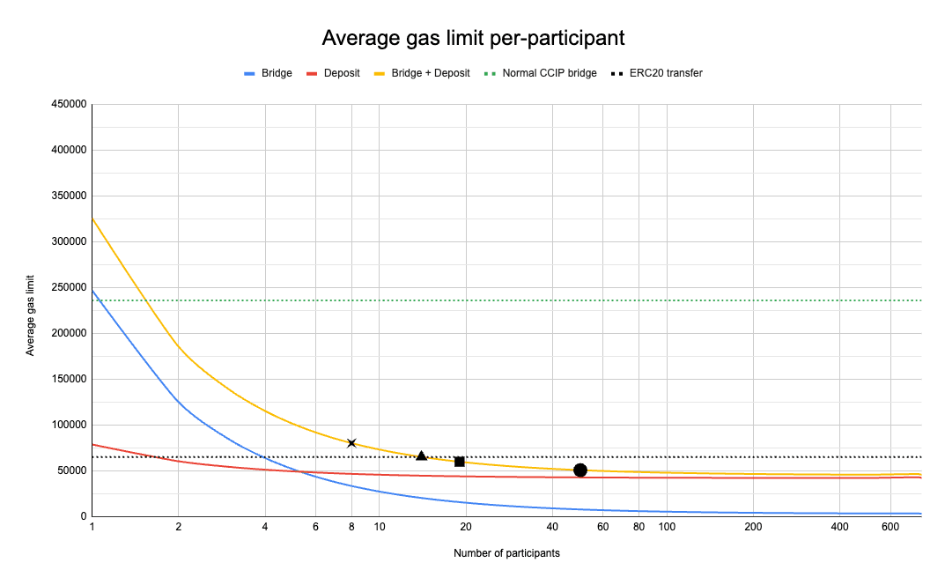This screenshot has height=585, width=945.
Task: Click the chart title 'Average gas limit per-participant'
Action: point(473,38)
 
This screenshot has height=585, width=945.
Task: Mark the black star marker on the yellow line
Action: point(351,443)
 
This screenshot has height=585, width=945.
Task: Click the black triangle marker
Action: point(421,455)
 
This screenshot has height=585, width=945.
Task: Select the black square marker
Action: point(460,462)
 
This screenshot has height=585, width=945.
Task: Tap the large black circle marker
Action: point(580,470)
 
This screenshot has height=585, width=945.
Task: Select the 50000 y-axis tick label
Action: point(72,470)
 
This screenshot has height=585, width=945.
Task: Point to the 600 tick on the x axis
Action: point(890,527)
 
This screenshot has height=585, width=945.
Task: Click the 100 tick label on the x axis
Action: point(667,527)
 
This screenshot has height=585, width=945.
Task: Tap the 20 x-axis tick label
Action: point(466,527)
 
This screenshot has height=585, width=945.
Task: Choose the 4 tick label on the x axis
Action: point(265,527)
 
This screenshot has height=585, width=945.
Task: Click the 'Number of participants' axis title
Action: point(506,553)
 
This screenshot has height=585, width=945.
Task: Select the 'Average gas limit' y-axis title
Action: point(32,310)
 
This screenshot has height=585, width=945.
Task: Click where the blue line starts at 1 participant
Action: point(92,290)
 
